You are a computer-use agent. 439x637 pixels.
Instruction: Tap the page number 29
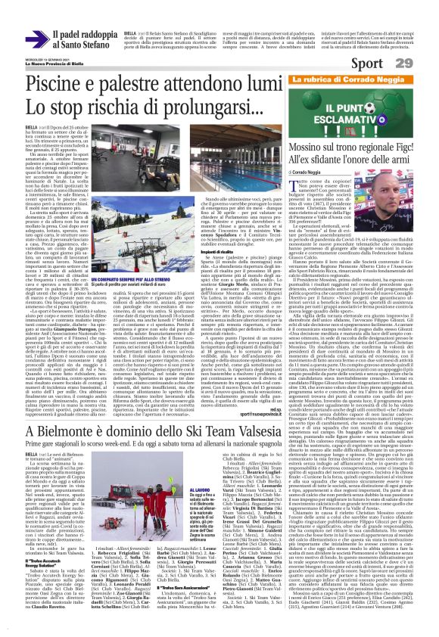click(424, 61)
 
